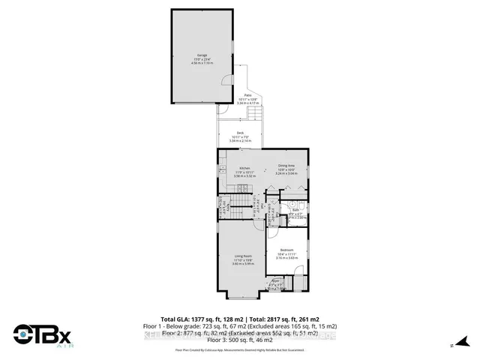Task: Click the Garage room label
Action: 202,55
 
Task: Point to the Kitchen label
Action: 244,166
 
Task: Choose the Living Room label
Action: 241,256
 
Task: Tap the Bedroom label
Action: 286,249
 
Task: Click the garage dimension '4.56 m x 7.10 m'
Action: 202,63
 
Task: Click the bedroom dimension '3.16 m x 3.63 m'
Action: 286,257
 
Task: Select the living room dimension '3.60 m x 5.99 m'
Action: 241,264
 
